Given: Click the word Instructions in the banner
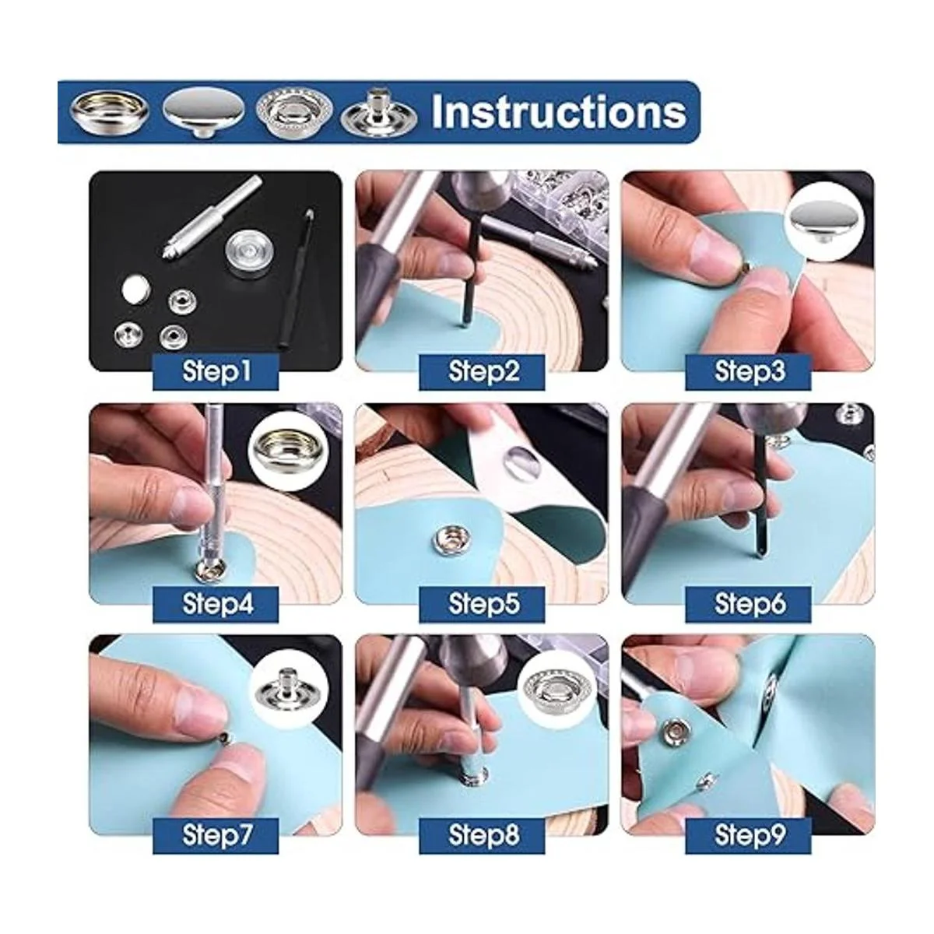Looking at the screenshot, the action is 558,112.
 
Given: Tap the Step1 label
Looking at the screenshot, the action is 216,372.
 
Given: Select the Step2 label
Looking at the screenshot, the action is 483,372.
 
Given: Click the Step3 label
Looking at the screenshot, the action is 748,372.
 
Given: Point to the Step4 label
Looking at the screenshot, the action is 216,604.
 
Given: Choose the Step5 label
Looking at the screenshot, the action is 483,604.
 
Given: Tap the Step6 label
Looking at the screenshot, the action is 748,604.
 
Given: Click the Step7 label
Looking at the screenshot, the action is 216,835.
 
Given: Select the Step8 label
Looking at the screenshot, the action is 483,835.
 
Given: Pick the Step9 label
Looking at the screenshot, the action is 748,835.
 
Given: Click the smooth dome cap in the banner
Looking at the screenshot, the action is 204,114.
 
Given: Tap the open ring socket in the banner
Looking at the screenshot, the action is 109,112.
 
